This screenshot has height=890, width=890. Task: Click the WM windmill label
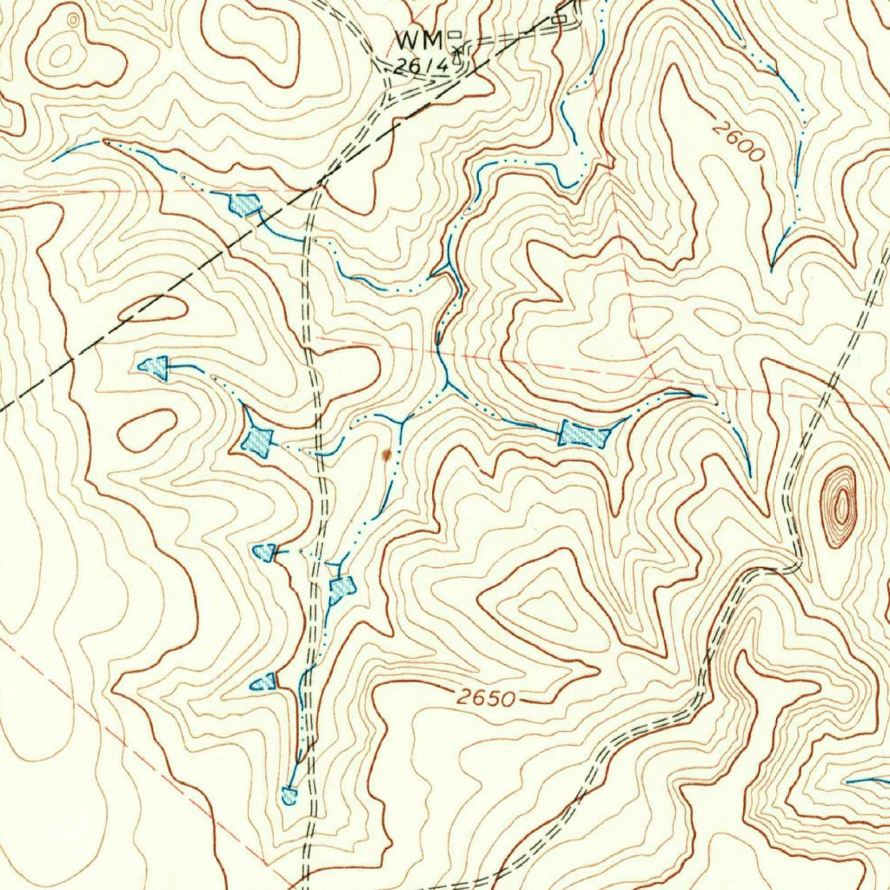pyautogui.click(x=419, y=40)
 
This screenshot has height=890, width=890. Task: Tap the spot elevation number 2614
pyautogui.click(x=422, y=65)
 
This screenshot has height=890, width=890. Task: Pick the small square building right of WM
pyautogui.click(x=455, y=36)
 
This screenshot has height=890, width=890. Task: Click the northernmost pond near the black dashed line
pyautogui.click(x=243, y=205)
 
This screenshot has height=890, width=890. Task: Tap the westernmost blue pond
pyautogui.click(x=155, y=368)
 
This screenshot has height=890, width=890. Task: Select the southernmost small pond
pyautogui.click(x=289, y=794)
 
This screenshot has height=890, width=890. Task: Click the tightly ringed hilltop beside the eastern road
pyautogui.click(x=840, y=507)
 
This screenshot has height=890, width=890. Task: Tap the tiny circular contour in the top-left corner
pyautogui.click(x=73, y=18)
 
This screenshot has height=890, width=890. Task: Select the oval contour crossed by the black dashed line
pyautogui.click(x=152, y=309)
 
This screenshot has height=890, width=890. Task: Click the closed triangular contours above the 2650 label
pyautogui.click(x=543, y=604)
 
